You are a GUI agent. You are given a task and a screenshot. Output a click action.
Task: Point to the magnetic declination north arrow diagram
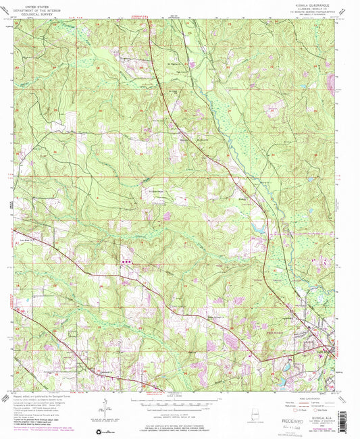pyautogui.click(x=106, y=408)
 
